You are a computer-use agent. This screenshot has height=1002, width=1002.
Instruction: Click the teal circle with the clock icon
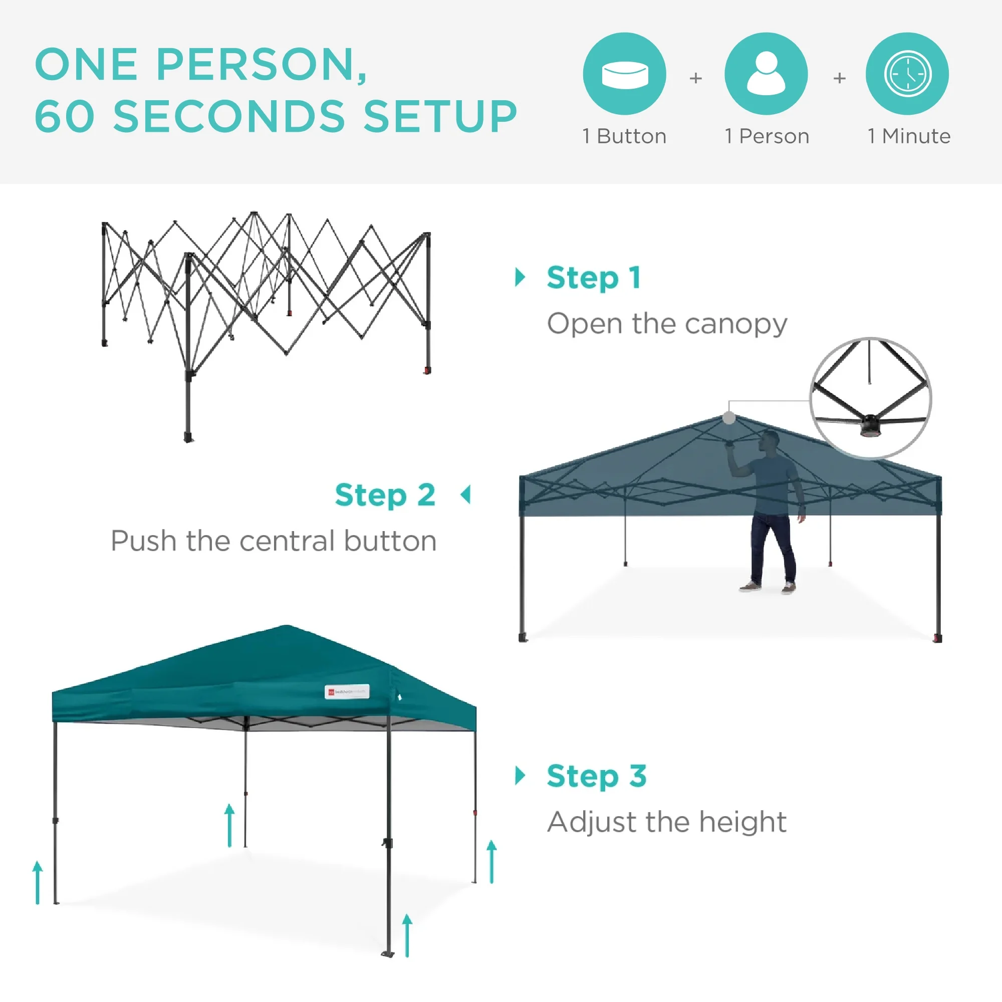(x=907, y=74)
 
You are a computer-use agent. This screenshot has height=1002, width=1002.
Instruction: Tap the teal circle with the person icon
(x=766, y=74)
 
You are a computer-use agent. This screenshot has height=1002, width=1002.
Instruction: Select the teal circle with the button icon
(x=624, y=74)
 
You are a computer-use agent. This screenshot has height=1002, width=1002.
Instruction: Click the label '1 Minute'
(x=909, y=136)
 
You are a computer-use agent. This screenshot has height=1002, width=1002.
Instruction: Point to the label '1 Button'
(x=624, y=136)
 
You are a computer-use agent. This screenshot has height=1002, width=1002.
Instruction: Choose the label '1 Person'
(x=767, y=136)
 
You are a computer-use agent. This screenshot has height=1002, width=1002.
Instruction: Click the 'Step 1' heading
(x=594, y=278)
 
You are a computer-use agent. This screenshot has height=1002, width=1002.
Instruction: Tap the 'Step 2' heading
(x=385, y=495)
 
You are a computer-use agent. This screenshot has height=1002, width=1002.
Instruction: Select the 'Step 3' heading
(x=596, y=777)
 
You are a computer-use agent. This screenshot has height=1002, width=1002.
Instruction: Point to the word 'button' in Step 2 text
(x=390, y=541)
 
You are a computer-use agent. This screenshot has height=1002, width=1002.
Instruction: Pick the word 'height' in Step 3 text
(x=742, y=822)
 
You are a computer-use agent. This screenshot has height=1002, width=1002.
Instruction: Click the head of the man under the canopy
(x=770, y=442)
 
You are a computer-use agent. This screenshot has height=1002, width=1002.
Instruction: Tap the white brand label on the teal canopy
(x=347, y=692)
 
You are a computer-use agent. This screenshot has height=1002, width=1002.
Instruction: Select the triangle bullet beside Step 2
(x=466, y=495)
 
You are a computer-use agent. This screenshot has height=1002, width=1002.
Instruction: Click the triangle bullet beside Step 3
(x=520, y=776)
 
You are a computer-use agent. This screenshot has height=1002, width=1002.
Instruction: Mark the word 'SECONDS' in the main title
(x=229, y=116)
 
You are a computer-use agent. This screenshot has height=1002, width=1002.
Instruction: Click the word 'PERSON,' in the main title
(x=262, y=65)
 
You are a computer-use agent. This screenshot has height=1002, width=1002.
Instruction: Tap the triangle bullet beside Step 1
(x=520, y=278)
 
